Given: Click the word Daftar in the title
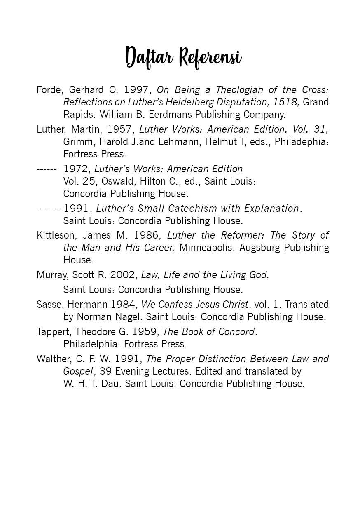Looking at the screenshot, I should (x=150, y=56).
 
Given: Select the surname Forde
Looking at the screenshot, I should (x=49, y=90).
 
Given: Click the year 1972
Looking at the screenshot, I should (x=77, y=169).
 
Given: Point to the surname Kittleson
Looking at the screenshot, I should (x=56, y=235).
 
